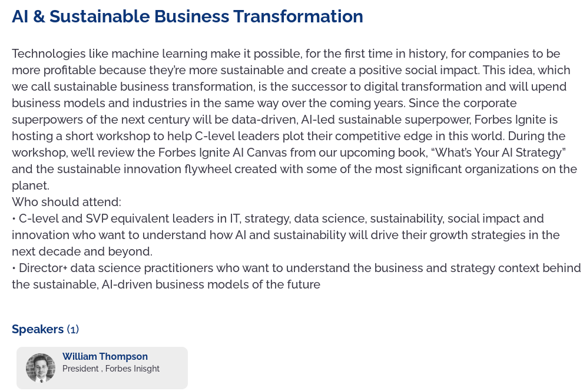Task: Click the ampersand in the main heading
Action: [x=39, y=16]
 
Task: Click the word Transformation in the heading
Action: [x=298, y=16]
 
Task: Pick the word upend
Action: [x=549, y=87]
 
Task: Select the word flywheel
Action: [x=208, y=169]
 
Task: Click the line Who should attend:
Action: [x=67, y=202]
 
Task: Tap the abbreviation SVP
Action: [x=98, y=218]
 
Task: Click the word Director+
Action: [x=43, y=268]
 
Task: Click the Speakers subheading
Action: [x=38, y=329]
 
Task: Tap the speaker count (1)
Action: [x=72, y=329]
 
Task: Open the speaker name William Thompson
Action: [x=105, y=356]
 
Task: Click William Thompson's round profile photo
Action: [x=41, y=368]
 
